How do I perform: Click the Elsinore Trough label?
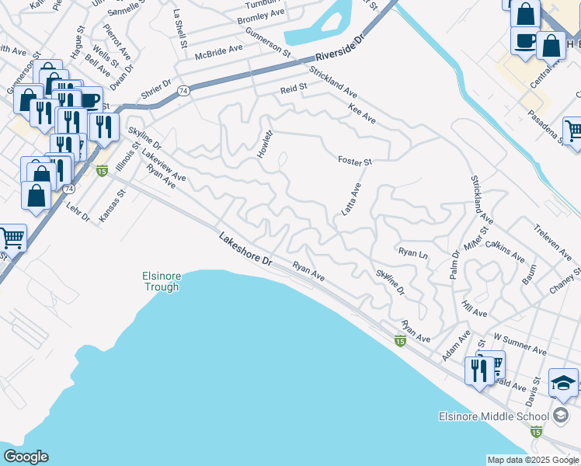click(161, 281)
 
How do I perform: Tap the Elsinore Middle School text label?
click(493, 416)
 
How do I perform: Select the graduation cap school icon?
click(564, 383)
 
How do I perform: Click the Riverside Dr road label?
click(339, 49)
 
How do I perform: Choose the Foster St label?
click(355, 162)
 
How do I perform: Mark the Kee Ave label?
click(362, 114)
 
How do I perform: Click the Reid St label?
click(294, 90)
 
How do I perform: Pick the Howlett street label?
click(265, 144)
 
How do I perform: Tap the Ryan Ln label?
click(412, 252)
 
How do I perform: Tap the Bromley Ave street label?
click(261, 16)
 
